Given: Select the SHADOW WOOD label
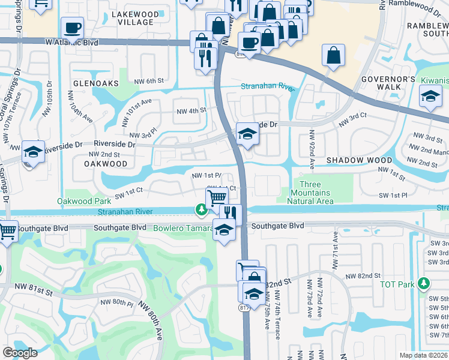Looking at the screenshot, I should pos(359,161).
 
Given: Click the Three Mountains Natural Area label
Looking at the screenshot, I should pos(310,193).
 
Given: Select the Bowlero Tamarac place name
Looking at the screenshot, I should pos(182,228).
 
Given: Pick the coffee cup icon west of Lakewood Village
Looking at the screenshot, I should pos(72,28).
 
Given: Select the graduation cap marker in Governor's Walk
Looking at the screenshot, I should pos(430,97).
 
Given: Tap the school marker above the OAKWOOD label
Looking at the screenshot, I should pos(33,152).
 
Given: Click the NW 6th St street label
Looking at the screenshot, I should pos(149,81).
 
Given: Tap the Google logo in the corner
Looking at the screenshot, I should pos(20,352).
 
